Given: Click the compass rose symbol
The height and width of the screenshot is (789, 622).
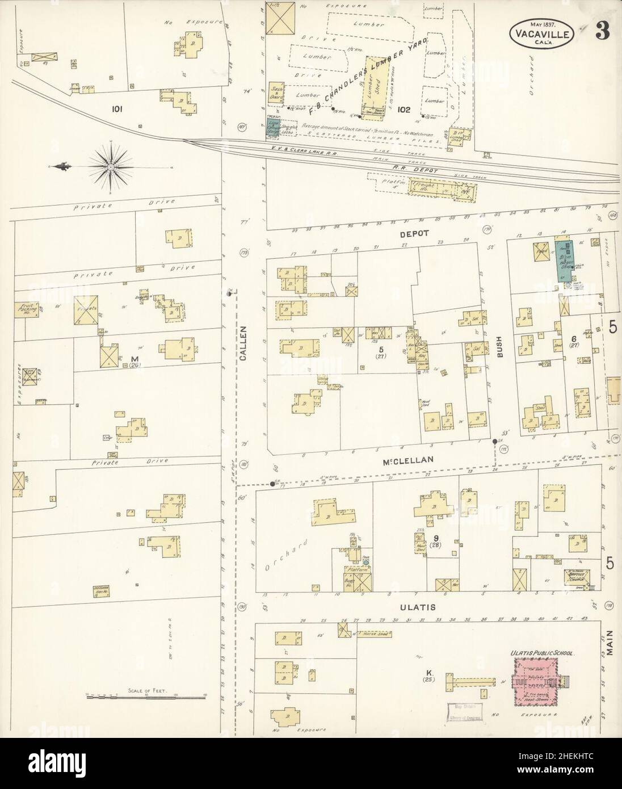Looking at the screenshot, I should [x=111, y=166].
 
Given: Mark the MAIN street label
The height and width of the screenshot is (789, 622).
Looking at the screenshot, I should [x=611, y=644].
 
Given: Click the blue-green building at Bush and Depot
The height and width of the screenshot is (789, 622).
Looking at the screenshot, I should [x=564, y=258].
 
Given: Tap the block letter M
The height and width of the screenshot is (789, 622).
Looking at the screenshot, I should [x=135, y=359].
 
